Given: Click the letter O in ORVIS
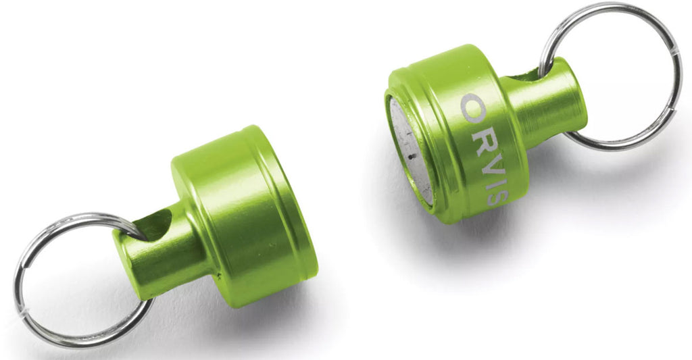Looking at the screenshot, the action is pos(472,108).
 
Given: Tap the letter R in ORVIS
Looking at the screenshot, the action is pos(483,140).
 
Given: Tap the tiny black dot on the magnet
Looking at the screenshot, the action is pos(412,156).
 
